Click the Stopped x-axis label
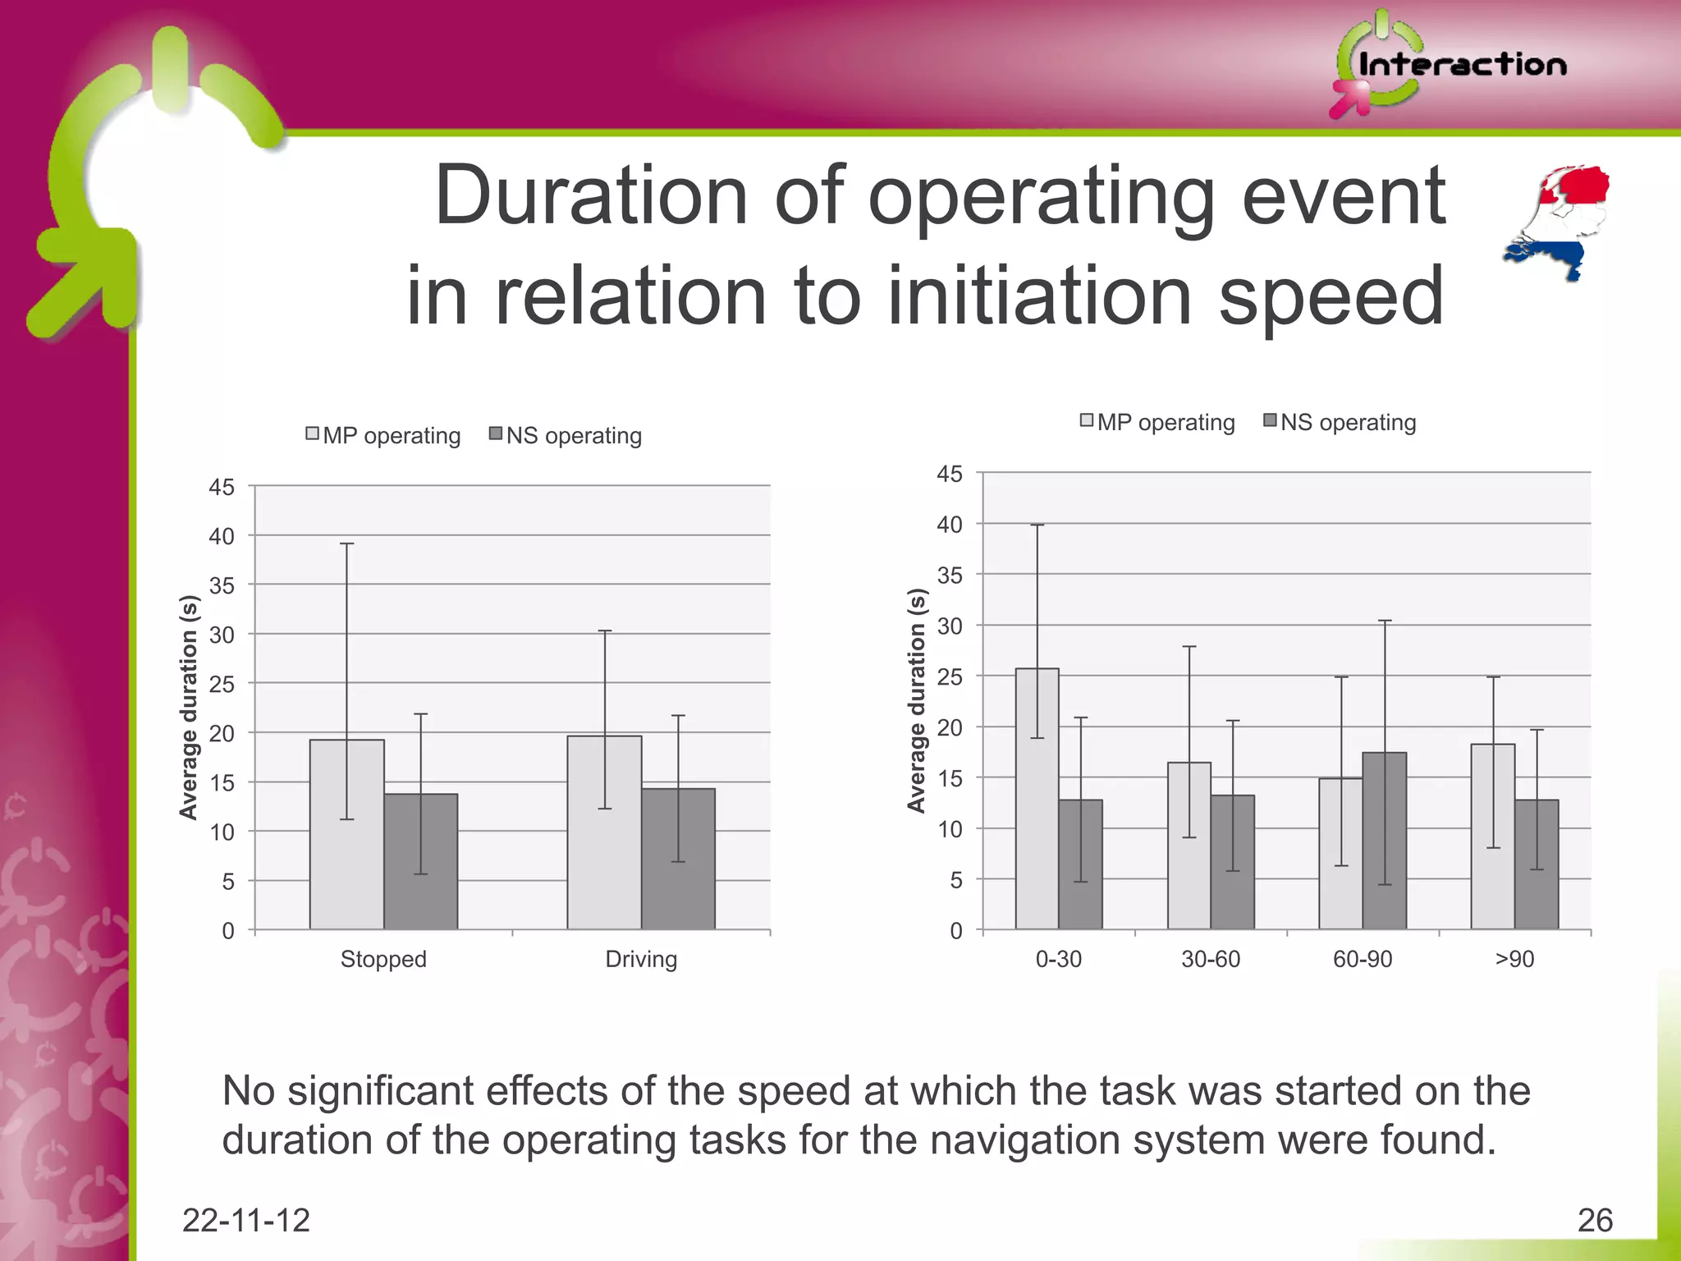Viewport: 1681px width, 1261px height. [x=383, y=959]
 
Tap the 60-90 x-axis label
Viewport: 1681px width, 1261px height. [x=1363, y=959]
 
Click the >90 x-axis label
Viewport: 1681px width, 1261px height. [x=1514, y=959]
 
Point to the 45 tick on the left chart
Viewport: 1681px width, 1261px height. [x=222, y=487]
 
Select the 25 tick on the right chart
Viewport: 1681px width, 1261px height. [x=950, y=677]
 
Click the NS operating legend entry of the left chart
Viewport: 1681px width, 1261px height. [x=566, y=435]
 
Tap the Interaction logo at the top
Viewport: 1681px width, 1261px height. [x=1449, y=64]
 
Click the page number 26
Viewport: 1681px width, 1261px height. [x=1595, y=1221]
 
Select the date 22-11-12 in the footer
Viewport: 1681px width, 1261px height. [x=245, y=1221]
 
